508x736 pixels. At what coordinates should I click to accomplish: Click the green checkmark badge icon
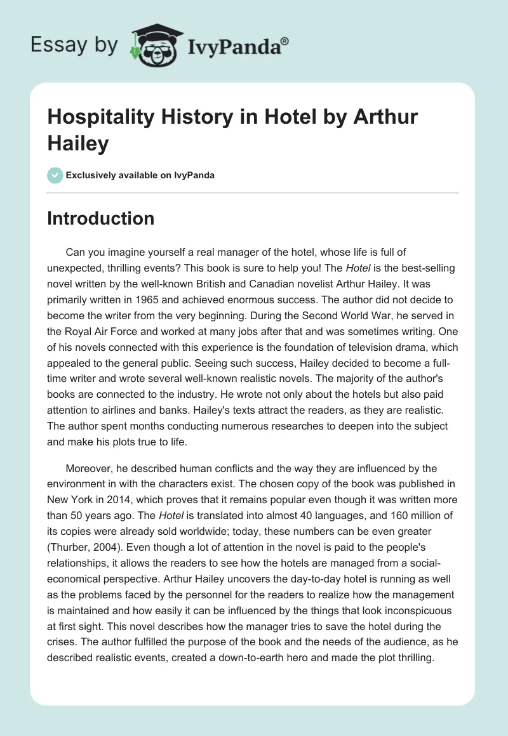(x=55, y=175)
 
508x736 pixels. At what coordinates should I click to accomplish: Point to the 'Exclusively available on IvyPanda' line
(x=140, y=176)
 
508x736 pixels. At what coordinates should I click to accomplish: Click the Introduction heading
(x=100, y=219)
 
